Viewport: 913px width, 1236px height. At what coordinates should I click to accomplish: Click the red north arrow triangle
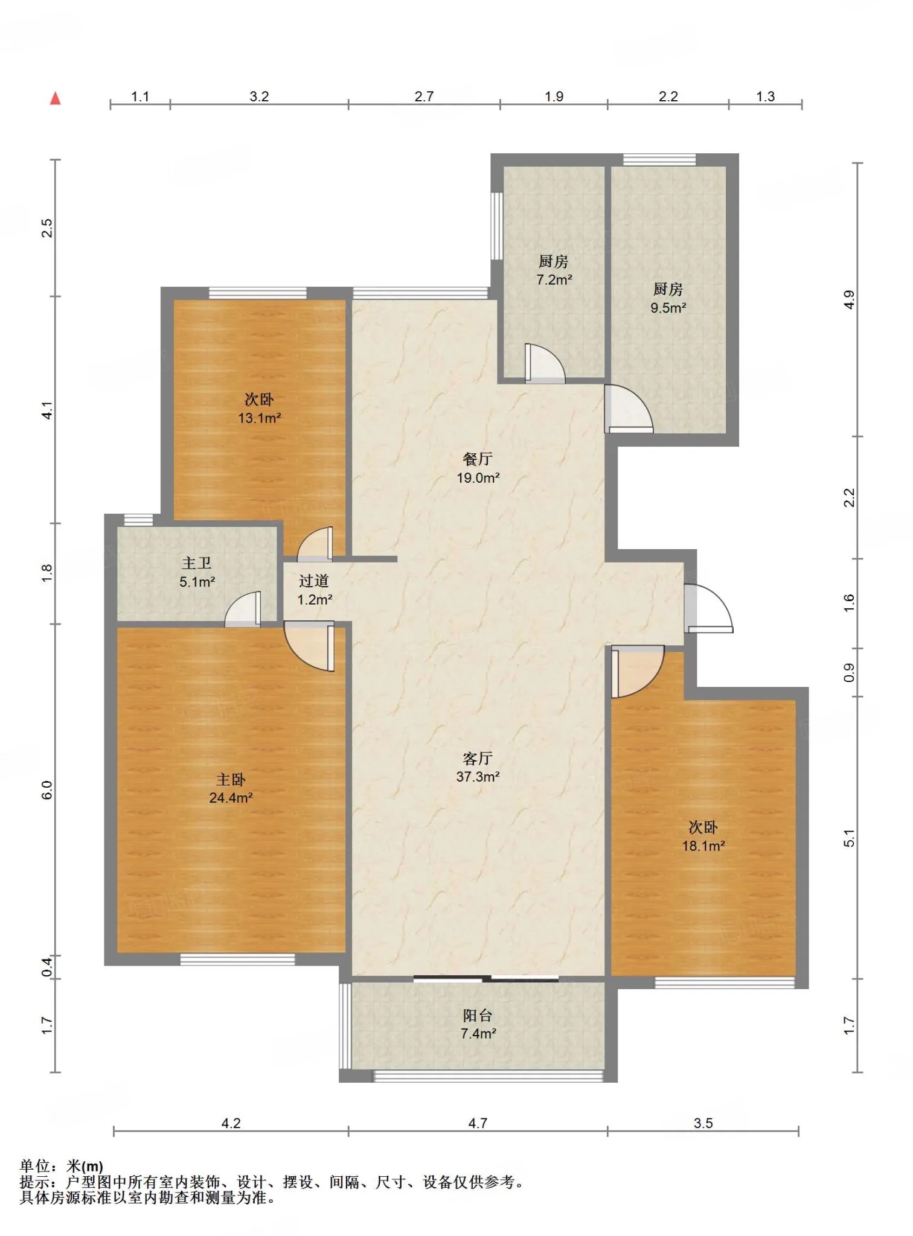pos(56,98)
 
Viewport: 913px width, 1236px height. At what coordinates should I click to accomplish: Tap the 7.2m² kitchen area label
pos(554,271)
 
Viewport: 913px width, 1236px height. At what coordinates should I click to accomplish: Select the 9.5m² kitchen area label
pos(668,299)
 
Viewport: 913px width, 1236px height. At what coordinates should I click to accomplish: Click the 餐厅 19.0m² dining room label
pos(478,468)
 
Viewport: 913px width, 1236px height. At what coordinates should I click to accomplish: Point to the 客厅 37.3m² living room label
pos(478,767)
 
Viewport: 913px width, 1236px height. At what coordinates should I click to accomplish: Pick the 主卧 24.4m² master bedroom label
pos(231,788)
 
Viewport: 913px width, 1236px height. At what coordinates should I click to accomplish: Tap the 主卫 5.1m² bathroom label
pos(197,572)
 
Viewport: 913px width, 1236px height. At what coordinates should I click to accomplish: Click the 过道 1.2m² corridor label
pos(315,590)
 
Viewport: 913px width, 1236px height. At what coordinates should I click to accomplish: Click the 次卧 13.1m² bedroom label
pos(259,408)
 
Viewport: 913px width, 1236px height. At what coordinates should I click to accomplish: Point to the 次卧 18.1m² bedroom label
pos(703,836)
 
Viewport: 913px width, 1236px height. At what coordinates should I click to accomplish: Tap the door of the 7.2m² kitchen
pos(545,363)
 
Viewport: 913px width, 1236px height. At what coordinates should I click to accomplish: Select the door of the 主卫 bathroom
pos(243,608)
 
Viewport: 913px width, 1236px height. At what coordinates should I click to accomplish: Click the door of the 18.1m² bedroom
pos(638,672)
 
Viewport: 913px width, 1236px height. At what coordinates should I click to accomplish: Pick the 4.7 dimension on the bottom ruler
pos(478,1123)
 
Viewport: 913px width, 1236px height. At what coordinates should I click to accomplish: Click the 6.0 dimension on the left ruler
pos(47,790)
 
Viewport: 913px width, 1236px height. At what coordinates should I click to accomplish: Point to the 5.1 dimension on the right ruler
pos(849,838)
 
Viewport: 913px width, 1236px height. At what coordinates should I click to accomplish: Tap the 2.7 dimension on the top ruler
pos(424,97)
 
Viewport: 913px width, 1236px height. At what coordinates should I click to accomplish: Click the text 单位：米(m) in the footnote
pos(62,1167)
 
